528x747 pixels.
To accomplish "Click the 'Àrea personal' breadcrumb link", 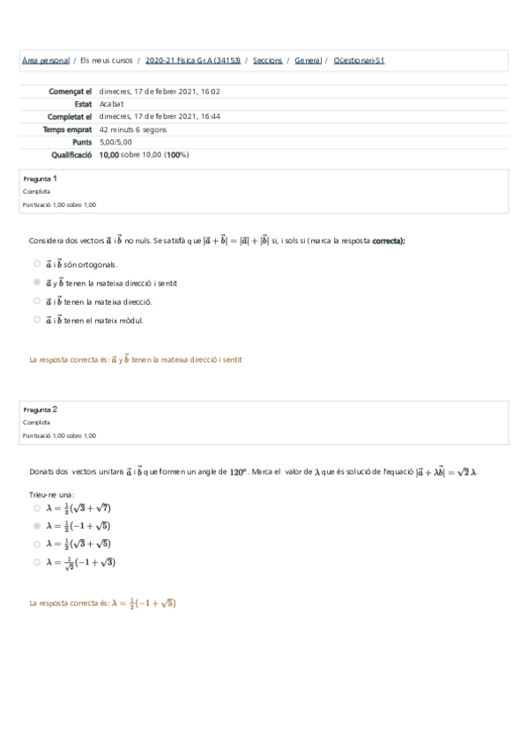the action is click(x=45, y=61).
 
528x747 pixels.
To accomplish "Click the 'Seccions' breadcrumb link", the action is click(x=267, y=61).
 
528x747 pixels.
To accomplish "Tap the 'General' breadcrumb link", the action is click(x=308, y=61).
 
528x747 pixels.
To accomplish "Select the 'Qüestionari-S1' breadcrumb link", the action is click(x=360, y=61).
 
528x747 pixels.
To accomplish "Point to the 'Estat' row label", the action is click(x=83, y=103).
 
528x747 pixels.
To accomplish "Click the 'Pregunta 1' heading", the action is click(x=41, y=179).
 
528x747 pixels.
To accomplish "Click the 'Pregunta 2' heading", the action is click(x=41, y=410).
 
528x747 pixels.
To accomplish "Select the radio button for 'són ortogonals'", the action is click(x=36, y=263).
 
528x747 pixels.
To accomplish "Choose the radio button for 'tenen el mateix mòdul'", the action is click(x=36, y=320).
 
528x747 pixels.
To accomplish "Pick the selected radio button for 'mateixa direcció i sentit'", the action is click(x=36, y=282).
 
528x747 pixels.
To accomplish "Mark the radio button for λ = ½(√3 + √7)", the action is click(x=36, y=508).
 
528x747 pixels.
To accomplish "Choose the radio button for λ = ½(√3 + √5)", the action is click(x=36, y=544).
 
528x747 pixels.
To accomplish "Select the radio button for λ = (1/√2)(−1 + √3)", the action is click(x=36, y=562).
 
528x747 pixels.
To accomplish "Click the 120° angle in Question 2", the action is click(x=239, y=472).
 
